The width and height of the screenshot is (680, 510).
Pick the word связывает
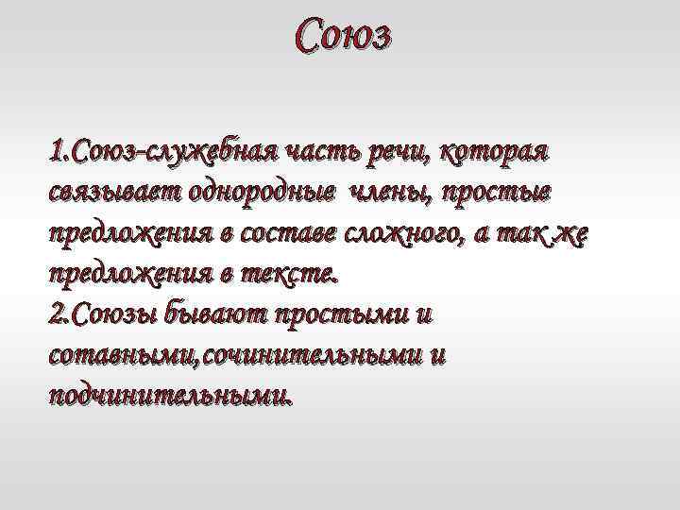click(109, 193)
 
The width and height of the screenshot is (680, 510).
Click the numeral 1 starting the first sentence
click(56, 152)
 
